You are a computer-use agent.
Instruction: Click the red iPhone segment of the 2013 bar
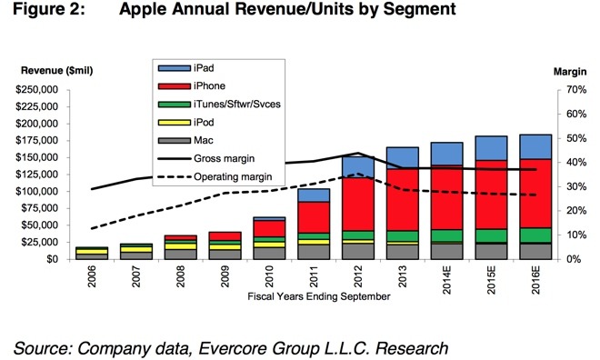point(403,200)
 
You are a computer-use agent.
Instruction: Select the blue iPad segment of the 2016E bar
point(535,147)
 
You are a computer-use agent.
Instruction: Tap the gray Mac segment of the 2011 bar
point(314,252)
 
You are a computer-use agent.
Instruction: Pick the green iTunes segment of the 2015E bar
point(491,235)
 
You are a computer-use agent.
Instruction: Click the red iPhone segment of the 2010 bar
point(269,229)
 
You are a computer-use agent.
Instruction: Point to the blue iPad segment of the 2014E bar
point(447,154)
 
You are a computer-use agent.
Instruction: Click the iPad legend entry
point(186,68)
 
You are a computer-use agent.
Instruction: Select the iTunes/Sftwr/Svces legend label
point(237,104)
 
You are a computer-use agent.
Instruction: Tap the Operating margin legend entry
point(215,176)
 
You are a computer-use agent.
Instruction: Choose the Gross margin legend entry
point(206,158)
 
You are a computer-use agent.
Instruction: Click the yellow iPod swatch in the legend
point(175,123)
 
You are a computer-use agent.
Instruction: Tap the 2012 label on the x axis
point(358,276)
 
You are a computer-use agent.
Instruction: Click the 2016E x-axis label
point(535,280)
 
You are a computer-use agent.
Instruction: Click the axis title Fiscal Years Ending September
point(319,296)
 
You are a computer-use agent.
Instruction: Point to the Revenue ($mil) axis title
point(57,71)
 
